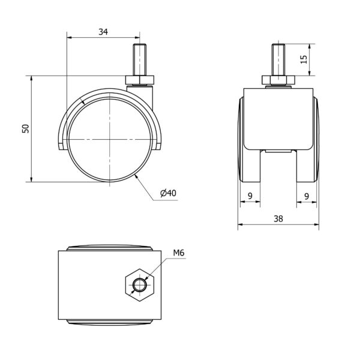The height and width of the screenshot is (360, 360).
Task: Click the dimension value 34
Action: coord(103,32)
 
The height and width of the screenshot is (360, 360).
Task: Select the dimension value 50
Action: coord(25,128)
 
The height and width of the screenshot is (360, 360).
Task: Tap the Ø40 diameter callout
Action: coord(168,193)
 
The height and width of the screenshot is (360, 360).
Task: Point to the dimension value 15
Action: coord(304,59)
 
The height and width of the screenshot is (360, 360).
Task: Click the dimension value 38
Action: coord(278,219)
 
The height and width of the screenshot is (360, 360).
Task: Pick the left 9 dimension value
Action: coord(250,196)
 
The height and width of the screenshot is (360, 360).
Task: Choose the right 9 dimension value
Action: coord(307,196)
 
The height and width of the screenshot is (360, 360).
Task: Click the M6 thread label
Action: coord(179,253)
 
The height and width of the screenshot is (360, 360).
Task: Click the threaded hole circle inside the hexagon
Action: coord(140,285)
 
